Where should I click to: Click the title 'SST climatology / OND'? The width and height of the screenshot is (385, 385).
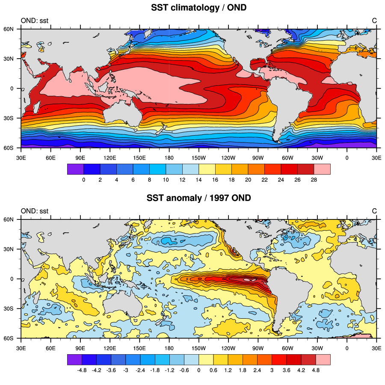(199, 8)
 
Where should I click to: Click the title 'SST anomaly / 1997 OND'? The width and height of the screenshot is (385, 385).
(199, 198)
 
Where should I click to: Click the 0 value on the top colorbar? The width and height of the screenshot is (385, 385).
(83, 180)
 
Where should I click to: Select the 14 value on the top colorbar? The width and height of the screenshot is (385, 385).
(199, 180)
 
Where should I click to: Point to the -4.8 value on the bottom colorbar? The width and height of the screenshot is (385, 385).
(82, 370)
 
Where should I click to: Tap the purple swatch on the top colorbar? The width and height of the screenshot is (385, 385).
(75, 169)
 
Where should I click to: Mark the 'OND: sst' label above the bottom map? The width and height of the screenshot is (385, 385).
(35, 210)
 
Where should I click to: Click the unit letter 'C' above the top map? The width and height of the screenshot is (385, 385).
(374, 20)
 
